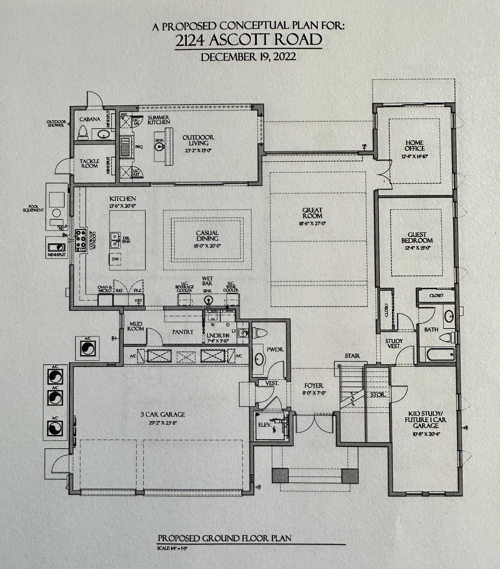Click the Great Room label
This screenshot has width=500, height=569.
click(312, 213)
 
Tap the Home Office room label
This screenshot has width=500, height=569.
click(415, 145)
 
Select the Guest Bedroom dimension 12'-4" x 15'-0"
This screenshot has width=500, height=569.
click(417, 248)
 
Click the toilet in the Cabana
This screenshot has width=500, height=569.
click(83, 133)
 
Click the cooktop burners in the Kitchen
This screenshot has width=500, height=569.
click(81, 238)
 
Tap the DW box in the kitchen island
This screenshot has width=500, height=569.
click(115, 259)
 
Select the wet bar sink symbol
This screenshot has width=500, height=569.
click(208, 300)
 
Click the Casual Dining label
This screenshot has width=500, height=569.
click(207, 236)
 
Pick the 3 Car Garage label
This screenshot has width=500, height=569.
click(163, 415)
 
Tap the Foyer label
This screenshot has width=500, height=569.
click(314, 385)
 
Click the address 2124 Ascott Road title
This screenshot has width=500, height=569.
click(248, 40)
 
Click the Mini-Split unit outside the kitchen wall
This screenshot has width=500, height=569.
click(57, 247)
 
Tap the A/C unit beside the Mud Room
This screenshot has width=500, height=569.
click(87, 348)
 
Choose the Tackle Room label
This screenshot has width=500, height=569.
click(90, 164)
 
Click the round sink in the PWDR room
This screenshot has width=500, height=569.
click(259, 359)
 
